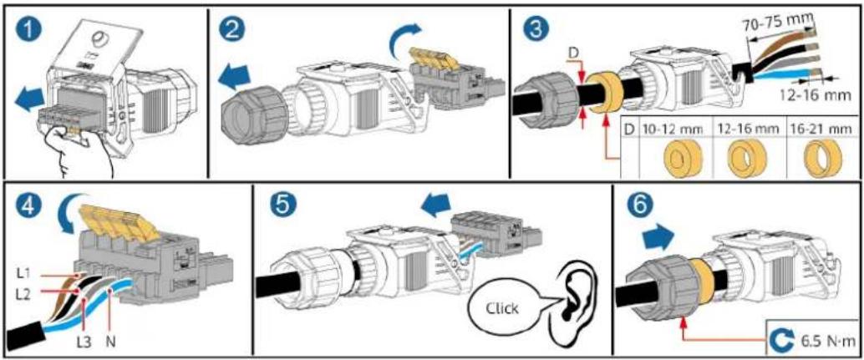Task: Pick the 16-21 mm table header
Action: tap(821, 130)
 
